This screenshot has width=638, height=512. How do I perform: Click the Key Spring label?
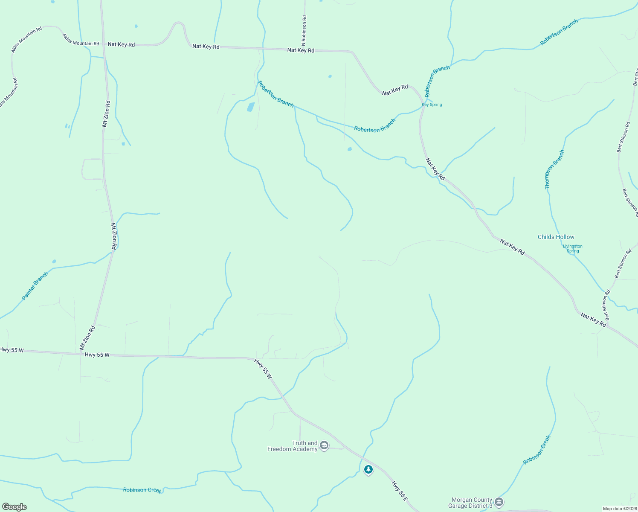[432, 105]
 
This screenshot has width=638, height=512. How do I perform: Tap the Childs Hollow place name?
[556, 237]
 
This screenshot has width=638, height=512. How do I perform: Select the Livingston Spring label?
[572, 248]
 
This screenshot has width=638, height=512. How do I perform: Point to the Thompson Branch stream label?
[554, 169]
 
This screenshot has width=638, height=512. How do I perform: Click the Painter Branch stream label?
[35, 286]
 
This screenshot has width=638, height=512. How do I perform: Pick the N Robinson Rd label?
[304, 31]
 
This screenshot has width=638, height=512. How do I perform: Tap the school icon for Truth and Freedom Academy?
[324, 446]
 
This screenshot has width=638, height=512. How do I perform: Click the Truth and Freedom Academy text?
[293, 446]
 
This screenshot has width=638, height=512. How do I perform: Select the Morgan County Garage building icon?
[499, 502]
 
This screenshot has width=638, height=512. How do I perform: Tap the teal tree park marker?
[368, 469]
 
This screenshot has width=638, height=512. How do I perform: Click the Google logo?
[14, 506]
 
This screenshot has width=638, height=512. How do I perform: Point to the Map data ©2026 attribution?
[619, 508]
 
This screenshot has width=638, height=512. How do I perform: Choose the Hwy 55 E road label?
[400, 491]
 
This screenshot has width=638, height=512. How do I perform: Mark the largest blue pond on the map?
[251, 107]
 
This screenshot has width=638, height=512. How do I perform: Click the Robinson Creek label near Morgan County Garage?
[537, 450]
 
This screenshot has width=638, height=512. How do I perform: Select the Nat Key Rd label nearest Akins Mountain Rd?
[121, 44]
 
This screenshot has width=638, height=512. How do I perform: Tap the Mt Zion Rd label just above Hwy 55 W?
[87, 338]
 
